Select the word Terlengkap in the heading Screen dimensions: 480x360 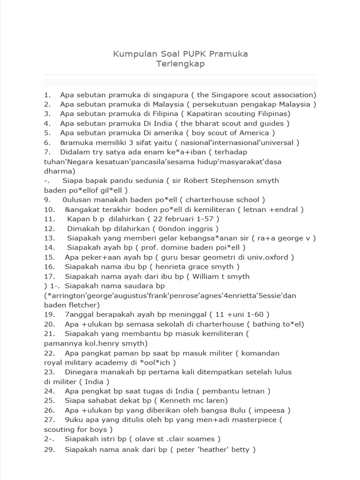point(180,64)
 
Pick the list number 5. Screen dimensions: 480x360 point(47,133)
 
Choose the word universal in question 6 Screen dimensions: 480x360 point(278,142)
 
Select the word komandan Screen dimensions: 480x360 point(259,353)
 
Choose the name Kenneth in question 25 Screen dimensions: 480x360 point(176,401)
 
